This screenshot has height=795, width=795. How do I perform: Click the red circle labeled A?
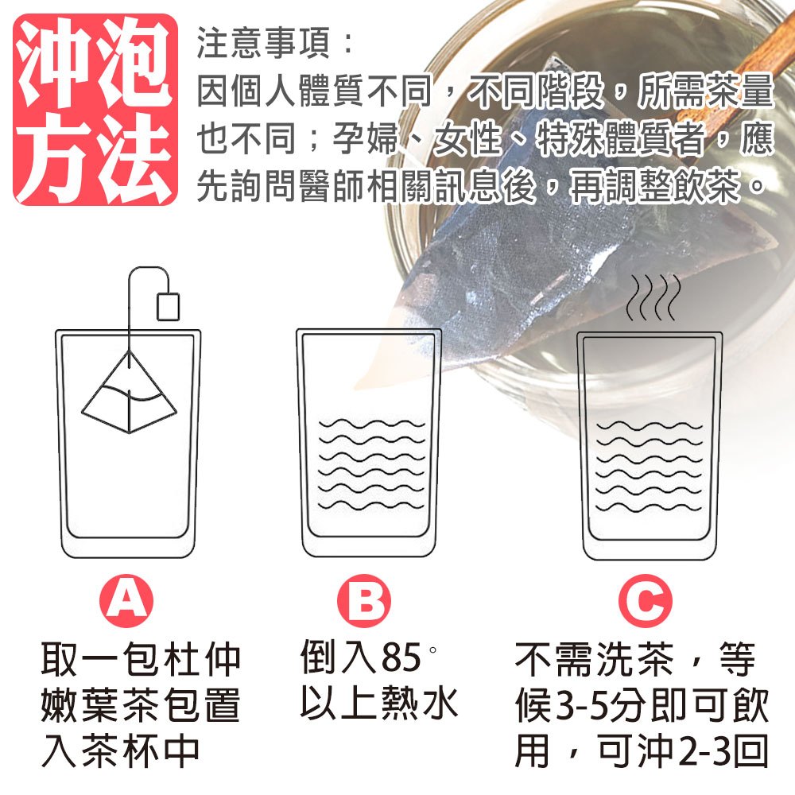[x=126, y=601]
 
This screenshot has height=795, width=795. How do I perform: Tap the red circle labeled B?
[x=364, y=601]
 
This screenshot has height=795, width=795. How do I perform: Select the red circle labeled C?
[x=646, y=601]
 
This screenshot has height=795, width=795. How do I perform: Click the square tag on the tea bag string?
[x=168, y=306]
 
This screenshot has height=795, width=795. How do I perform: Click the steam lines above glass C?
[x=653, y=297]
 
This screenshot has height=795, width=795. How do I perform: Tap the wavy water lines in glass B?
[x=371, y=464]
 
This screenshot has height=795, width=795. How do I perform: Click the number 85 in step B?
[x=401, y=657]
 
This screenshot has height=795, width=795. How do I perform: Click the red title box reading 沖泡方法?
[x=95, y=110]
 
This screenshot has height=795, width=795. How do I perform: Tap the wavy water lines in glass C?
[x=649, y=467]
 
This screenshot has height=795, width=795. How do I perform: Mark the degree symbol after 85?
[x=432, y=650]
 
